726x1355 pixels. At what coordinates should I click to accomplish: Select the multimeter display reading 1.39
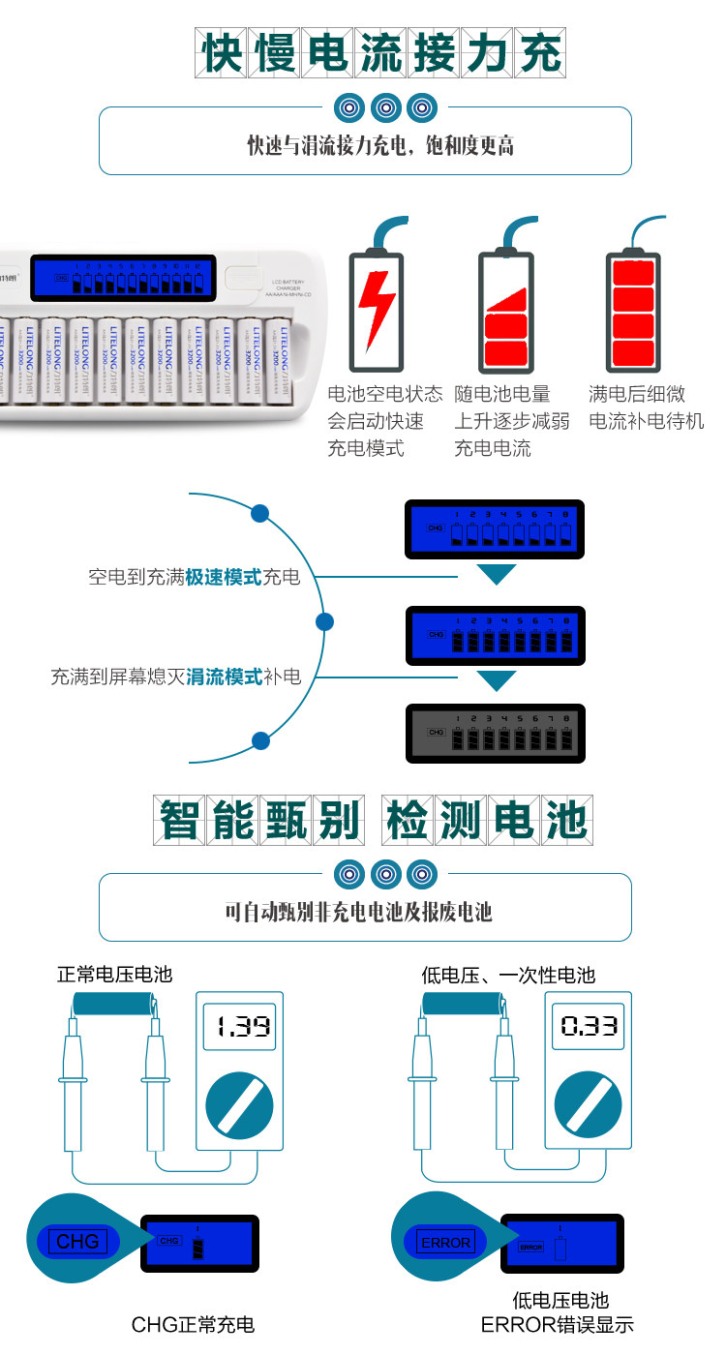click(x=241, y=1027)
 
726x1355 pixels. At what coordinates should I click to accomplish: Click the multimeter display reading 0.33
click(x=590, y=1027)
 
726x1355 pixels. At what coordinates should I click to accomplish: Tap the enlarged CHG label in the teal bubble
click(x=77, y=1241)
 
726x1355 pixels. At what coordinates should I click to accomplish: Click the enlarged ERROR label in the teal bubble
click(x=444, y=1242)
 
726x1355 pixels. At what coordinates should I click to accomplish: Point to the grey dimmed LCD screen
click(x=495, y=732)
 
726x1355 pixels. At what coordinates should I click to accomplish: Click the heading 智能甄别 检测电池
click(x=373, y=821)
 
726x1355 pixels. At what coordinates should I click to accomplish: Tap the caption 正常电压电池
click(x=114, y=975)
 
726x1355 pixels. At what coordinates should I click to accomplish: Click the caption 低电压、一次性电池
click(x=507, y=975)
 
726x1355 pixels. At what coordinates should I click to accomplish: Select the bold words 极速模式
click(x=225, y=578)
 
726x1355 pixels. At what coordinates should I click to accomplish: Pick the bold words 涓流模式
click(x=225, y=677)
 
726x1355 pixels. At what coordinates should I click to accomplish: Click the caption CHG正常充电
click(x=193, y=1324)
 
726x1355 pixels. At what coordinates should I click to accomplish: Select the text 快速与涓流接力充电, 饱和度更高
click(x=380, y=146)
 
